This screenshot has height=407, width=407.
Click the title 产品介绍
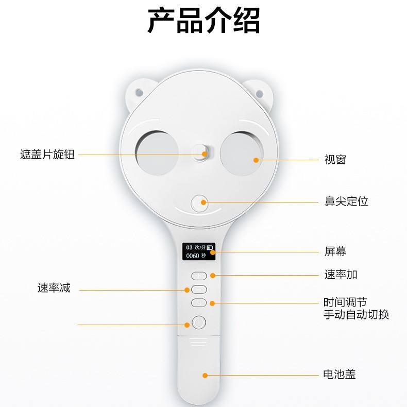tap(204, 20)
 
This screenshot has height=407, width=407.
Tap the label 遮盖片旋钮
tap(47, 155)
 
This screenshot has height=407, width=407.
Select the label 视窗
tap(335, 160)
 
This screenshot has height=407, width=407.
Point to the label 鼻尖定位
tap(346, 201)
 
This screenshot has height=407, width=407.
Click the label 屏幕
tap(335, 251)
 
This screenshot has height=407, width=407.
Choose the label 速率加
tap(341, 275)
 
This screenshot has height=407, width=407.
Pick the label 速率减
tap(54, 288)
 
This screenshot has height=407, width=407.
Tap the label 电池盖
tap(340, 375)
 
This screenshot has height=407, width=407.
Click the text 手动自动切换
tap(357, 315)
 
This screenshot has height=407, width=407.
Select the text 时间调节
tap(345, 302)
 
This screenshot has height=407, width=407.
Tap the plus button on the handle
tap(199, 276)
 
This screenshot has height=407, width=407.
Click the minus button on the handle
tap(199, 290)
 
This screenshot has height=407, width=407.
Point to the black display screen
tap(199, 251)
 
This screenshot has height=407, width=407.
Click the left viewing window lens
tap(157, 153)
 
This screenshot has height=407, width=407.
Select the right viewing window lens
tap(242, 154)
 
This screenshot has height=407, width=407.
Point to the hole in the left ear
tap(139, 92)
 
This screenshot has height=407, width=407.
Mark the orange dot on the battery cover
tap(205, 376)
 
